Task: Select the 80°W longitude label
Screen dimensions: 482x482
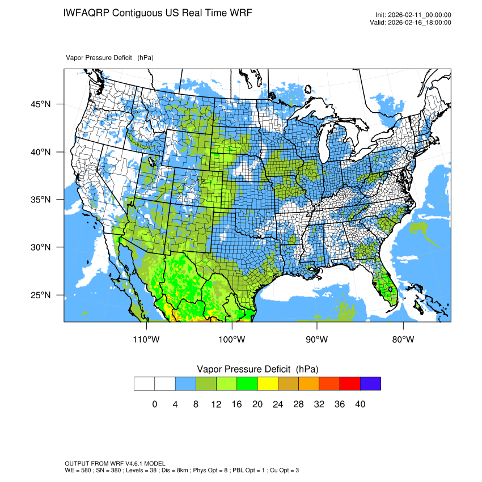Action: (403, 340)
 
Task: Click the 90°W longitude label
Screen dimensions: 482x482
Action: (317, 340)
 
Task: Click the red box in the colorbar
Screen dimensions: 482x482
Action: (350, 384)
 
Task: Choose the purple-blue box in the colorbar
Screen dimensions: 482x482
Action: (370, 384)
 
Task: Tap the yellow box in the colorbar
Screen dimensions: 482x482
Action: (268, 384)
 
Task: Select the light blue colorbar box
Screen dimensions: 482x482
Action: (185, 384)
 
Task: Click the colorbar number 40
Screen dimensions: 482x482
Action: (360, 404)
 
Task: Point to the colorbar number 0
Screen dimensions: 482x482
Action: (155, 404)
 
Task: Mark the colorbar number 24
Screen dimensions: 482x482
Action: (278, 404)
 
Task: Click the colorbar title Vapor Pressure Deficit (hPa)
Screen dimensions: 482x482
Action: (257, 369)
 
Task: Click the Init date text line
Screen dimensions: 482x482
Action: (413, 15)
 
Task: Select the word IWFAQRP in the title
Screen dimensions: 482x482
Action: (86, 13)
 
